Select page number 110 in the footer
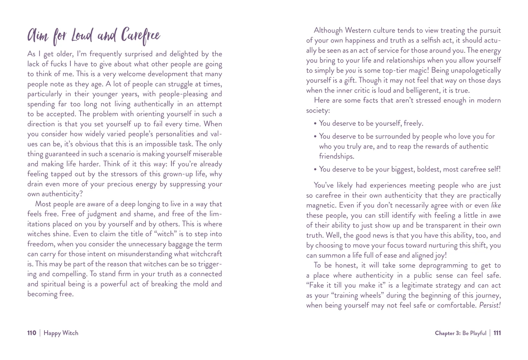pyautogui.click(x=32, y=333)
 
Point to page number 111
pyautogui.click(x=497, y=333)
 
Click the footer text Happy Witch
pyautogui.click(x=61, y=333)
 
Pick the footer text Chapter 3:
pyautogui.click(x=447, y=333)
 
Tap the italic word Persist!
pyautogui.click(x=490, y=305)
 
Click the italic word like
pyautogui.click(x=496, y=205)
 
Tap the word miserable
pyautogui.click(x=206, y=154)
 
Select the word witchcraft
pyautogui.click(x=205, y=254)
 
